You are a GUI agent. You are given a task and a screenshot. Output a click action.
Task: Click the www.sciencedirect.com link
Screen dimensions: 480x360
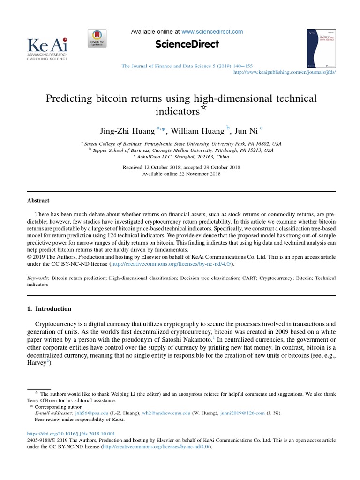coord(212,32)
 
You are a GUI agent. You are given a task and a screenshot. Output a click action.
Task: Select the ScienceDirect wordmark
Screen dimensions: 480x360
coord(187,45)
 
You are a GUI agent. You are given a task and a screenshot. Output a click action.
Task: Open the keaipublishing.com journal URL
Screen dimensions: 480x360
coord(285,73)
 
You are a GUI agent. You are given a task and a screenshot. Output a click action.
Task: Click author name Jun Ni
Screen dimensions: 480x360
coord(247,129)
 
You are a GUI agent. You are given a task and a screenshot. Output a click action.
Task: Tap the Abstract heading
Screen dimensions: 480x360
coord(38,200)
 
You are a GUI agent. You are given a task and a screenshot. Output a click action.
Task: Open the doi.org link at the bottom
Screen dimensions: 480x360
coord(71,434)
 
